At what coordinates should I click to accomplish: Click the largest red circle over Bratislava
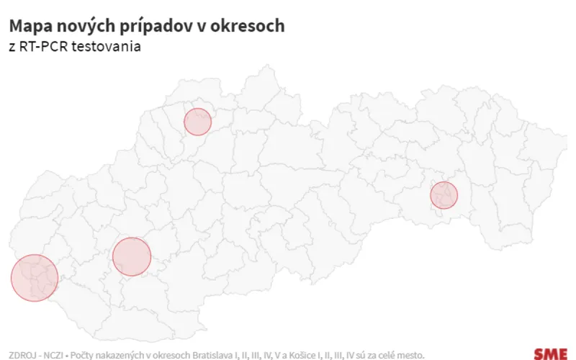(x=35, y=278)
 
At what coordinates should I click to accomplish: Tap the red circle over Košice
(x=444, y=195)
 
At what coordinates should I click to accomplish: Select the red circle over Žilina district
(x=197, y=122)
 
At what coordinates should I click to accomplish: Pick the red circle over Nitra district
(x=132, y=256)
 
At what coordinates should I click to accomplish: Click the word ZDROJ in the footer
(x=22, y=354)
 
